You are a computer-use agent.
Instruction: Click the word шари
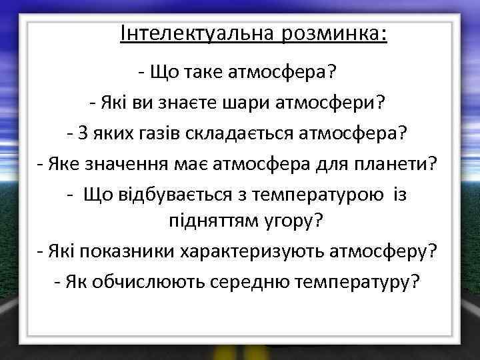[239, 103]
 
